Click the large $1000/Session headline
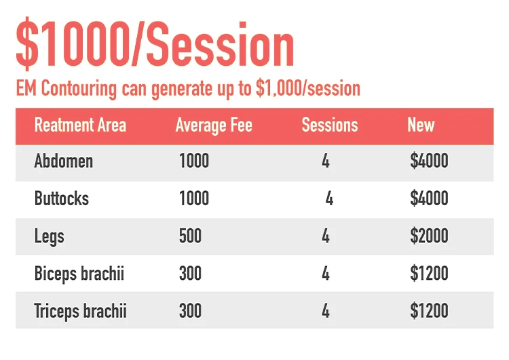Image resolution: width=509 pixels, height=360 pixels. (155, 44)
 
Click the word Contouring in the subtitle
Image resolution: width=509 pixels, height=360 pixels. (79, 88)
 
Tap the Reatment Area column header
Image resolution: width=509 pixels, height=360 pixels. (80, 125)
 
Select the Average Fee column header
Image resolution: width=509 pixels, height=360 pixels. (214, 126)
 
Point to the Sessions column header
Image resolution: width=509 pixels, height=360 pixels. (330, 125)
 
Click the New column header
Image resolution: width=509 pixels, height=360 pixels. (421, 125)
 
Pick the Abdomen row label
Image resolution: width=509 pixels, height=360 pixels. (64, 161)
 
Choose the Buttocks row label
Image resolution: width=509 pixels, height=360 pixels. (62, 198)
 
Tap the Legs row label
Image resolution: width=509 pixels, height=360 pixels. (49, 236)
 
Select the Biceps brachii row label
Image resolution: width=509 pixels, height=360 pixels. (79, 274)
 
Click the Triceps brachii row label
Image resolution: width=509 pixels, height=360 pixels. (80, 311)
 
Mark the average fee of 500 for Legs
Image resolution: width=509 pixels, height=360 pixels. (190, 236)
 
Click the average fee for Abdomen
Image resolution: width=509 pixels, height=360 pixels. (194, 161)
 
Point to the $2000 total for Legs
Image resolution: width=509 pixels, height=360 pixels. (429, 236)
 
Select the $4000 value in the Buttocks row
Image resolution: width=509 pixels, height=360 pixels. (429, 198)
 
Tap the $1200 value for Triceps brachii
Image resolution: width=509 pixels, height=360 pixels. (429, 310)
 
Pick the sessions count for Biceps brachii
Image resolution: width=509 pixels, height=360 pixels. (326, 273)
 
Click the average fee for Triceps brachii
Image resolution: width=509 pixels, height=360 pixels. (190, 310)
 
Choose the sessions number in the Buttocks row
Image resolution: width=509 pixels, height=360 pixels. (329, 198)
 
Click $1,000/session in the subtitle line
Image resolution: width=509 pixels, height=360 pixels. (308, 88)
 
